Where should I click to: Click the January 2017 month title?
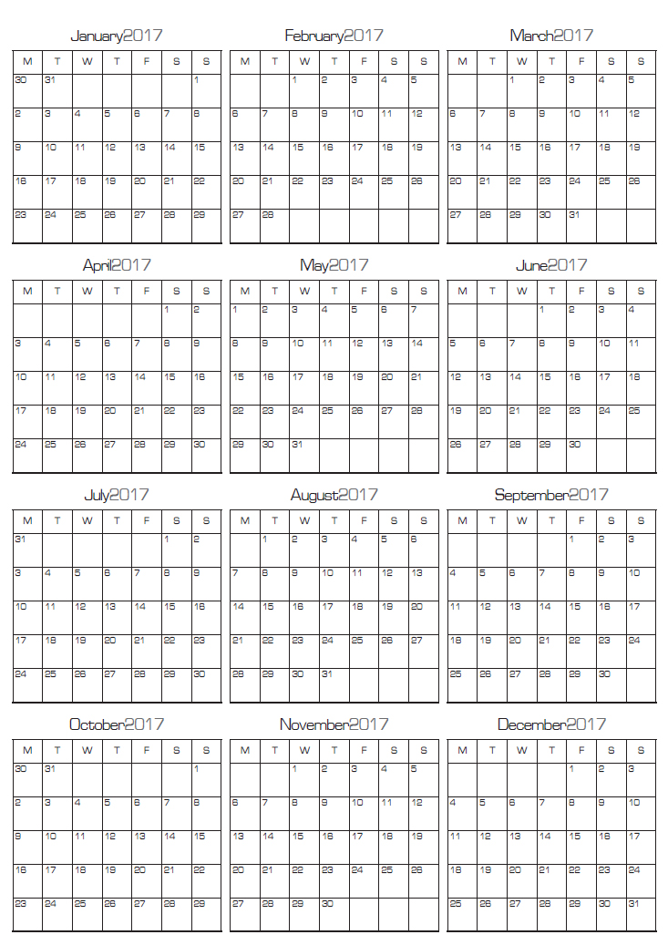[116, 36]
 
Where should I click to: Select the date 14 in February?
[268, 147]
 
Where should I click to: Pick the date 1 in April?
[168, 310]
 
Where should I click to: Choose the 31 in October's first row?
[50, 769]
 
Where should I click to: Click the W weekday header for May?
[304, 292]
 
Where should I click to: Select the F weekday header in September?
[581, 521]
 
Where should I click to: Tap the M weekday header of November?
[244, 751]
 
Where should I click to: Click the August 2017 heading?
[334, 496]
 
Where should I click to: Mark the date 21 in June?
[514, 411]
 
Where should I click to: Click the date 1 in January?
[197, 80]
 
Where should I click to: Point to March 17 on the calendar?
[574, 147]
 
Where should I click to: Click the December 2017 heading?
[551, 725]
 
